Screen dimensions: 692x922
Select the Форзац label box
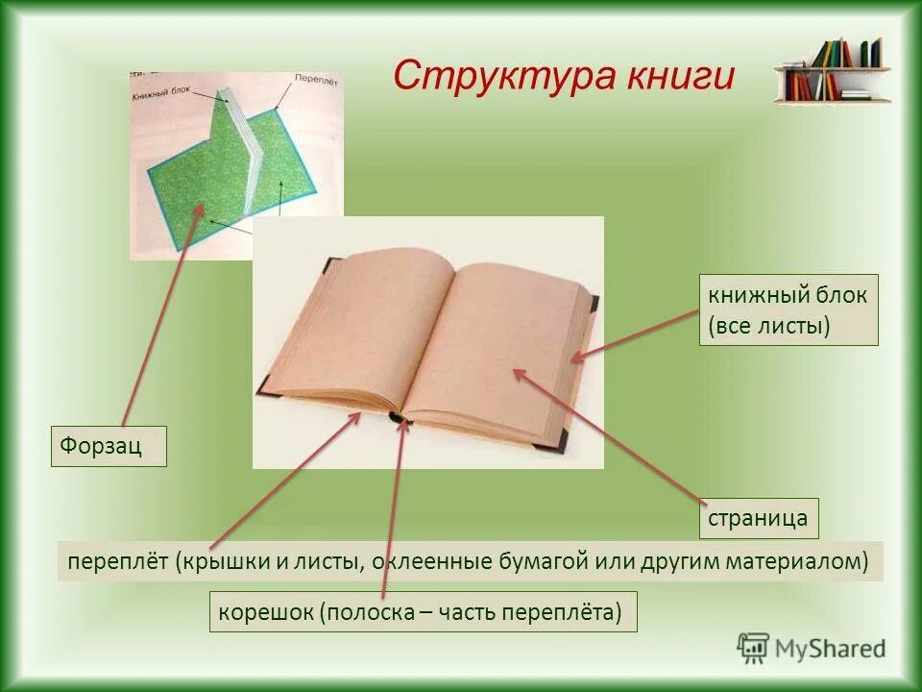click(x=109, y=447)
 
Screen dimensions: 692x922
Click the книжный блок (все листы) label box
click(x=788, y=310)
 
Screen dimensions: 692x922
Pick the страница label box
click(x=758, y=519)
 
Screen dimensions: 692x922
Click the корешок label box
click(x=423, y=611)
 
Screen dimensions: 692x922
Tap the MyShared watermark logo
click(x=812, y=648)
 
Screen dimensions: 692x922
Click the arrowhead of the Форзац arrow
click(x=203, y=206)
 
